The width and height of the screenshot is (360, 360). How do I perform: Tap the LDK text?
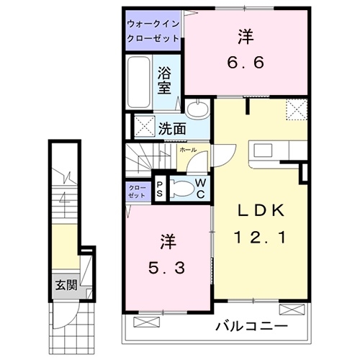(263, 210)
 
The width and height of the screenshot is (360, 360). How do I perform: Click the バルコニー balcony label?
(252, 327)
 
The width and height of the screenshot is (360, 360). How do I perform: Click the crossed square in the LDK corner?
(295, 109)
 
